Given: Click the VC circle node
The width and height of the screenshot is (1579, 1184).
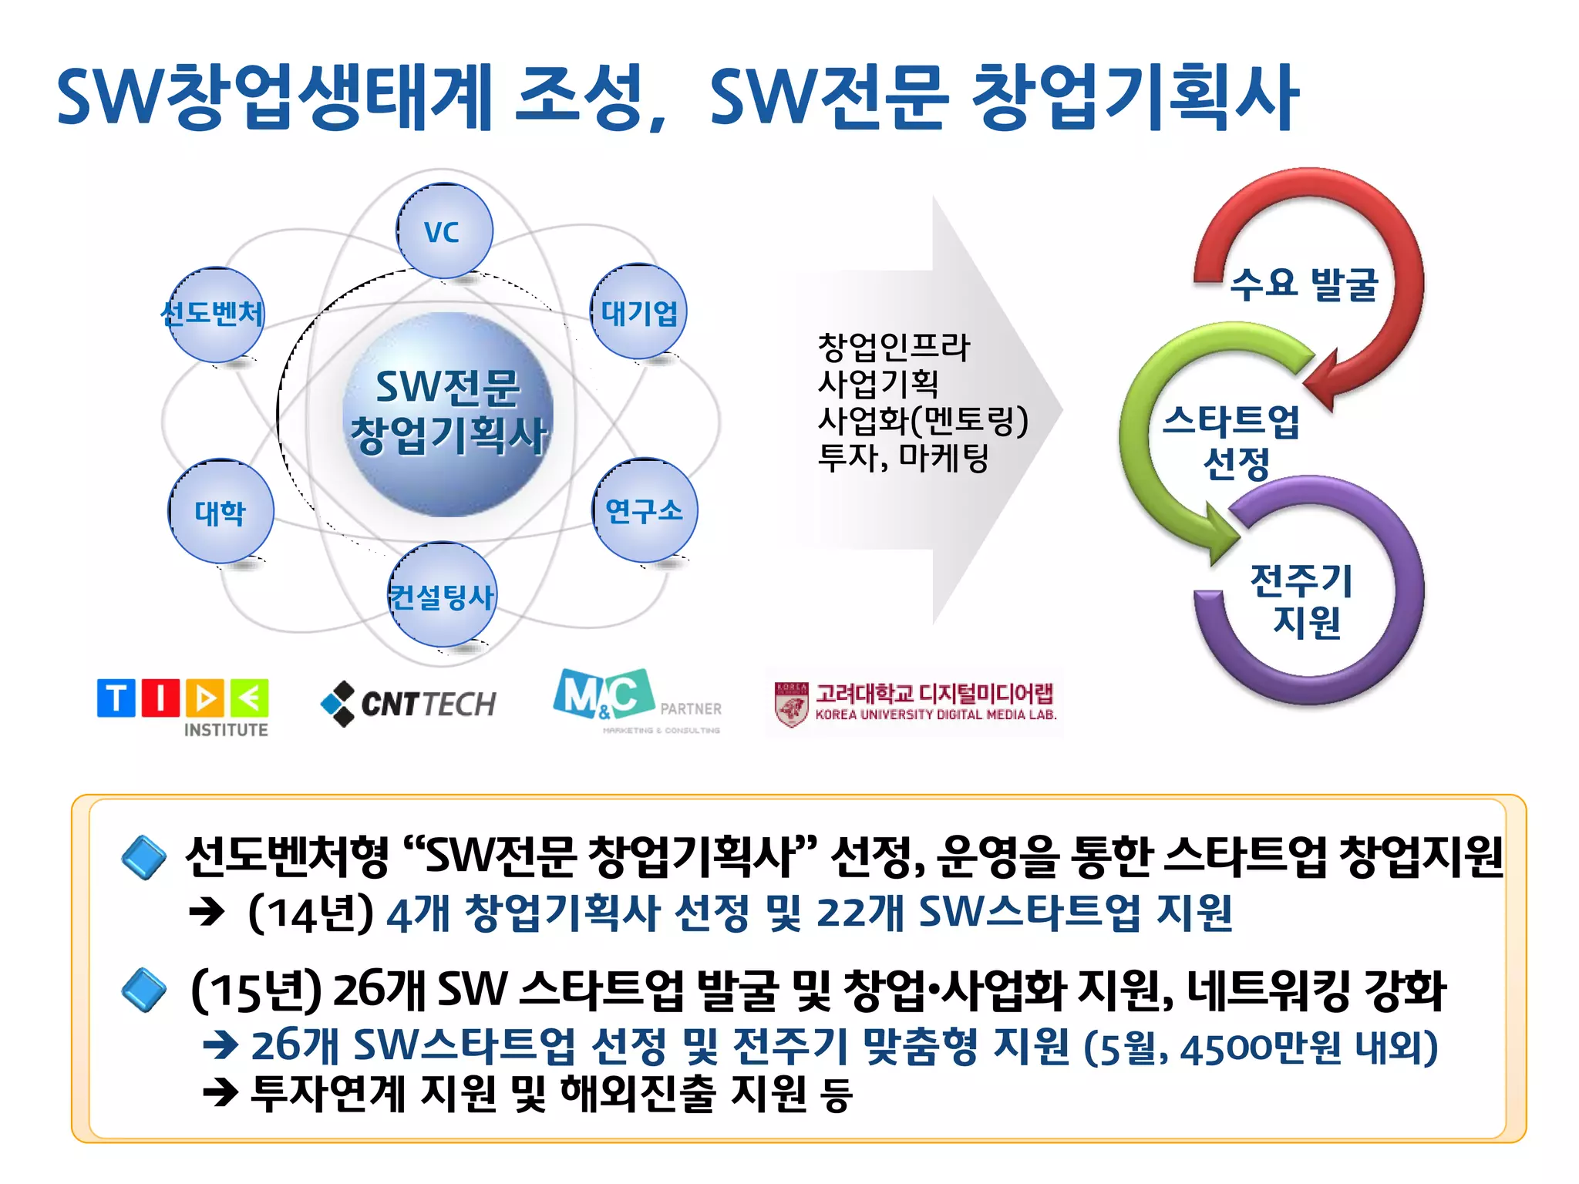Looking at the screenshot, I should tap(444, 231).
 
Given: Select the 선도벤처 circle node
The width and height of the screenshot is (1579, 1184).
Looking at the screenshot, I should tap(215, 314).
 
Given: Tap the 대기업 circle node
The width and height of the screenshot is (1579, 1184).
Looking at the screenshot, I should tap(638, 312).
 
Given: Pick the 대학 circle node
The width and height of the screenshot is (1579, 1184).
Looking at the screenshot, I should tap(221, 512).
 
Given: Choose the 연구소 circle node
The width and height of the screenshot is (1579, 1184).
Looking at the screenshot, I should tap(645, 510).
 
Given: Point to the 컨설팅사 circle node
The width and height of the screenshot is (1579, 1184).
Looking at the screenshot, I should tap(442, 595).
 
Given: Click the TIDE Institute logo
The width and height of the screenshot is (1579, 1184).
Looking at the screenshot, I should tap(183, 705).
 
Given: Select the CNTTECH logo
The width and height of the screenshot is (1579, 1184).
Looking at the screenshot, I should tap(409, 703).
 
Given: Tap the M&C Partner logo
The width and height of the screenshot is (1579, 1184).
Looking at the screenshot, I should tap(637, 698).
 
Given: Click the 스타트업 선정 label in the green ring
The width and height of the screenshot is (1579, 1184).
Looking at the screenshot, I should tap(1232, 442).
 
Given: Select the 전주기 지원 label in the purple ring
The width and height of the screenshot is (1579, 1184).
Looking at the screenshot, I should tap(1303, 601).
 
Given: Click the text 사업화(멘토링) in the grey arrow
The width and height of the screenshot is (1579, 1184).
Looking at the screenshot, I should tap(923, 421).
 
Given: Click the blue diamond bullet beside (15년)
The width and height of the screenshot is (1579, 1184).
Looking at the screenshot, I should tap(144, 990).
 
